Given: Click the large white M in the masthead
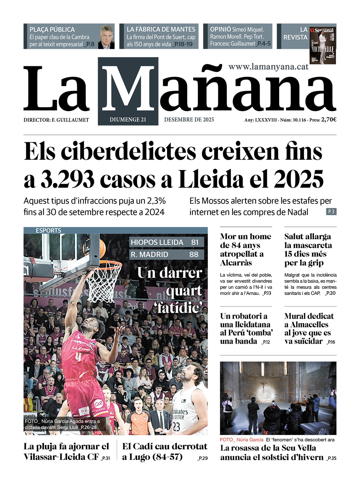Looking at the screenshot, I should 128,88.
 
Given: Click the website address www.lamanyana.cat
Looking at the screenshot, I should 268,67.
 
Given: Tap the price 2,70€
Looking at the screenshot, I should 329,120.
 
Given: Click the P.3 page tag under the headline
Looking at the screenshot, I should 331,212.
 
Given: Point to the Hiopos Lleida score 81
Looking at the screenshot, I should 195,242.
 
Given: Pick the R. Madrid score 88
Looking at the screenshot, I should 194,254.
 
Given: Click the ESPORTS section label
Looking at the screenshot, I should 48,230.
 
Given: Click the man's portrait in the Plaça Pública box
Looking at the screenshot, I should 106,37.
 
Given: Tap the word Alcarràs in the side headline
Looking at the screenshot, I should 236,263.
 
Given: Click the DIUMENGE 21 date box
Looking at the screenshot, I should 128,120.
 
